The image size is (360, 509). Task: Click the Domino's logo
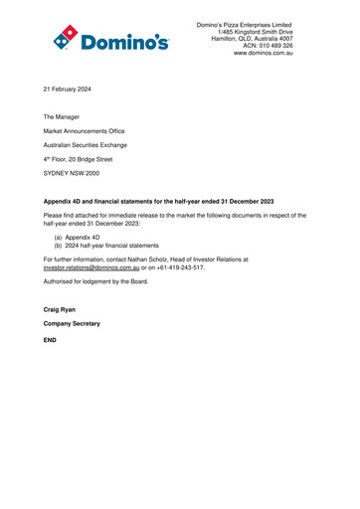(x=110, y=38)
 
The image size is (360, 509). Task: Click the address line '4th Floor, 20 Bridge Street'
(x=78, y=159)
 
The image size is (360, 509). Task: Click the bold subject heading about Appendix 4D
(x=160, y=201)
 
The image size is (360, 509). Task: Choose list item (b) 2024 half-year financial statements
(x=106, y=248)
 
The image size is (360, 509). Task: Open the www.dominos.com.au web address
(x=263, y=52)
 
